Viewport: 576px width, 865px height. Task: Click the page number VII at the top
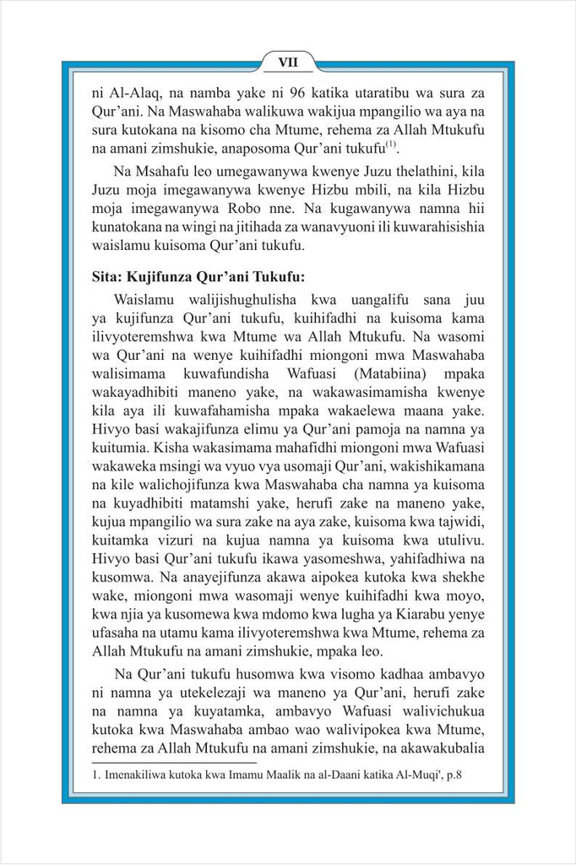tap(287, 62)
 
